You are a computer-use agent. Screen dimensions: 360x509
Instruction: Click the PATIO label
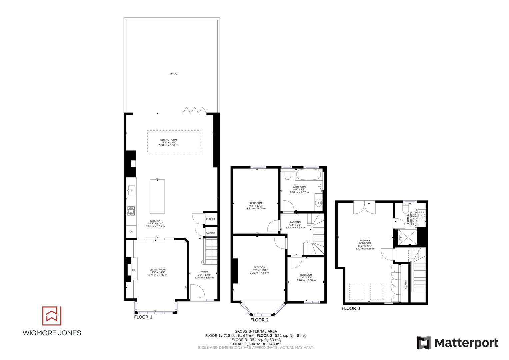tap(174, 73)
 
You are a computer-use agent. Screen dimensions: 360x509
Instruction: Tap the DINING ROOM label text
tap(168, 140)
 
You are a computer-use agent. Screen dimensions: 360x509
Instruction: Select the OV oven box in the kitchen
tap(131, 232)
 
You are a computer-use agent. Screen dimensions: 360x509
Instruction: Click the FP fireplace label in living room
tap(133, 270)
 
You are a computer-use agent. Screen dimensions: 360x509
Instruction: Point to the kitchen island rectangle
tap(157, 196)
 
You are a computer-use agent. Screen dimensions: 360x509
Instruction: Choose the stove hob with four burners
tap(131, 211)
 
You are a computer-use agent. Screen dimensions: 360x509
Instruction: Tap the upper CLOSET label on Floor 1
tap(210, 219)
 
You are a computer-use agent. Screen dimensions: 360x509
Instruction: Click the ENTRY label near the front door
tap(204, 272)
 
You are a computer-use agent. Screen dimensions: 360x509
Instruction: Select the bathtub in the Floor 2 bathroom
tap(308, 175)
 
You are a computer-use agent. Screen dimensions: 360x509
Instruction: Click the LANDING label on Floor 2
tap(295, 222)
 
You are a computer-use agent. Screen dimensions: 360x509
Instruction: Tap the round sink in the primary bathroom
tap(422, 215)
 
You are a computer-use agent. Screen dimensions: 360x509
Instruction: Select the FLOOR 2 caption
tap(259, 320)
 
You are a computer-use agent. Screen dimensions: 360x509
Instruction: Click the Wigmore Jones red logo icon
tap(52, 316)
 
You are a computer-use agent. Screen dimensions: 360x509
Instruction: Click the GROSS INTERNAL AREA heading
tap(256, 331)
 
